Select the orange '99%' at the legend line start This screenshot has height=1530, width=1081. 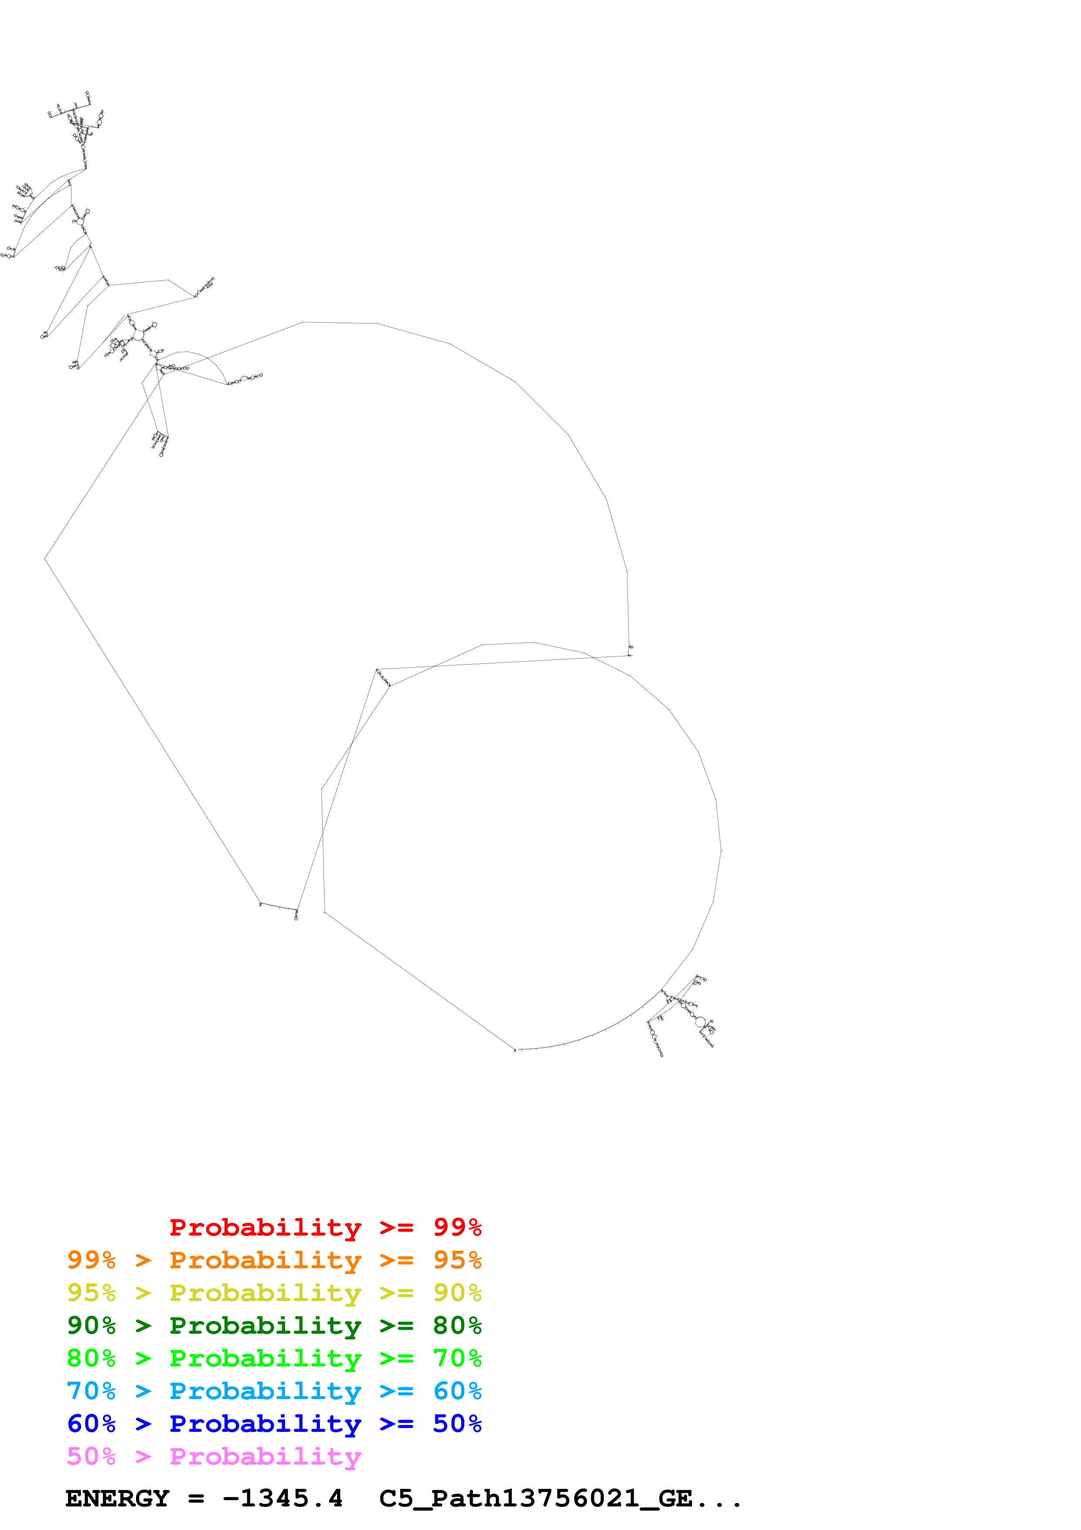pos(91,1260)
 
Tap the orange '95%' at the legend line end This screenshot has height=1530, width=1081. pos(457,1260)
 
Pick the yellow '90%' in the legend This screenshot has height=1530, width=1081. pos(457,1293)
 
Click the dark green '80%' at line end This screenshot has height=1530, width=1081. pos(457,1325)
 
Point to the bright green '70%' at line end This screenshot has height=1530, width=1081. pos(457,1358)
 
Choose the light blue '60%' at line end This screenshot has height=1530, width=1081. pos(457,1391)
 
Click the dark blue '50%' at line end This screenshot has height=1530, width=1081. pos(457,1424)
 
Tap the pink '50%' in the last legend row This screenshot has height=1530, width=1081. pos(91,1456)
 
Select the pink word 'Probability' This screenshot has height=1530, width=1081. pos(265,1456)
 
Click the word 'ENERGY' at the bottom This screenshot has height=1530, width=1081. pos(117,1499)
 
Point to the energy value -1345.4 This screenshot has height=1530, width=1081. pos(283,1499)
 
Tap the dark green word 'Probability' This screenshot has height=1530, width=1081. pos(265,1325)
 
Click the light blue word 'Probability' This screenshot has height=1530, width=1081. pos(265,1391)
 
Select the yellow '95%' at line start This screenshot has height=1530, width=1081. pos(91,1293)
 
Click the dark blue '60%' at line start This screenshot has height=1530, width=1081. pos(91,1424)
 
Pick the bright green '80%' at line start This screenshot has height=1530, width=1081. pos(91,1358)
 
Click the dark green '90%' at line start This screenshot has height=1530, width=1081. pos(91,1325)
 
